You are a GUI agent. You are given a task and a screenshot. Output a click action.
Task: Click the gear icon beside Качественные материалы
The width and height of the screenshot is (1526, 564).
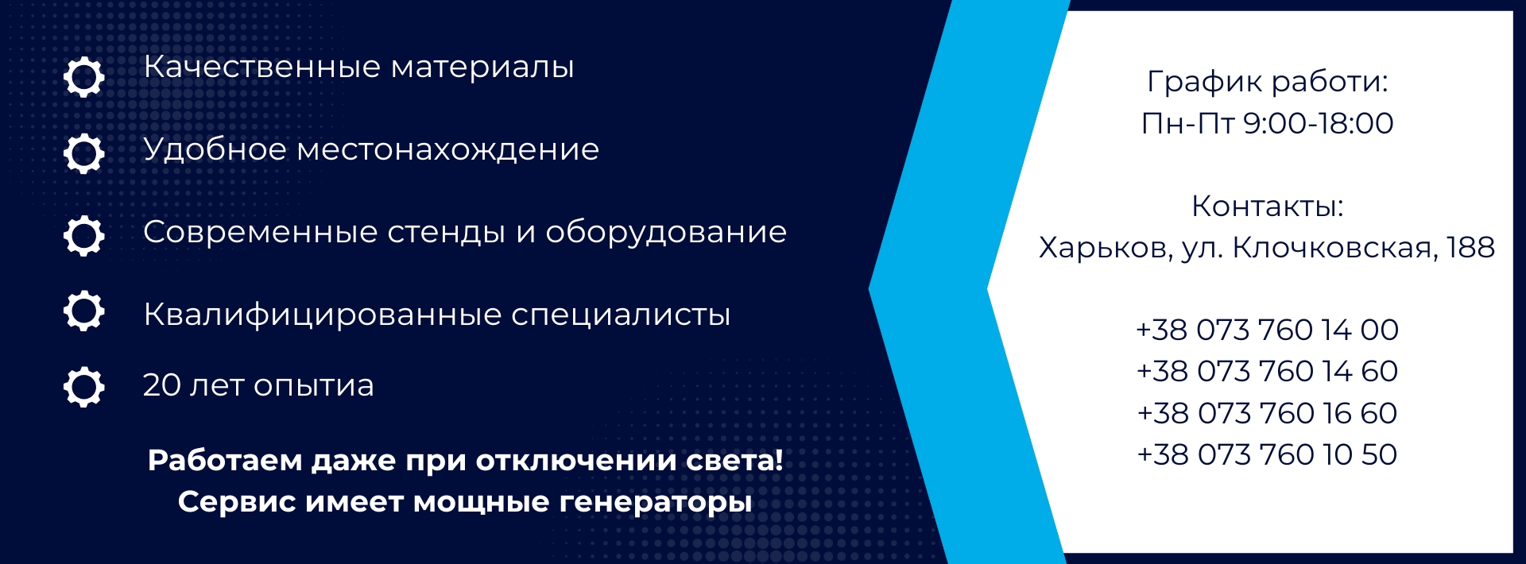coord(84,77)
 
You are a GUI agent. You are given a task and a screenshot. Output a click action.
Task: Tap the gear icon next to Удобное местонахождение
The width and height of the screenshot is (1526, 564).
coord(84,153)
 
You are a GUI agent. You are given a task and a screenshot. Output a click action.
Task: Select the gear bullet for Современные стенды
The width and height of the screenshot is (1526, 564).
coord(84,235)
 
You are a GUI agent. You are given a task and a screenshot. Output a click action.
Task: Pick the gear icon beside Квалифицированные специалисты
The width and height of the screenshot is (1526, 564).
coord(84,311)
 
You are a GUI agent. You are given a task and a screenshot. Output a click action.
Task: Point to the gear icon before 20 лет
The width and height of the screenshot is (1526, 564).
coord(84,387)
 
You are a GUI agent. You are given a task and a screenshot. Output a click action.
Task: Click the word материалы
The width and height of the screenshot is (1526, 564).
coord(482,68)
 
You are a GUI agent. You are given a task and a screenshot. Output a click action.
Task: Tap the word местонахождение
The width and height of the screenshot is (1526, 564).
coord(448,150)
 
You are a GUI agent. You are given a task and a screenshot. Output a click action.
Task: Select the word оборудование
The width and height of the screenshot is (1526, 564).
coord(666,234)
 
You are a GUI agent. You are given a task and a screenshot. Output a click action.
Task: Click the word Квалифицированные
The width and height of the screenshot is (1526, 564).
coord(323,315)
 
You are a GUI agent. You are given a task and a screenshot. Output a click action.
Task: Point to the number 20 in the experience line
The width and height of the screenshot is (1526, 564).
coord(162,385)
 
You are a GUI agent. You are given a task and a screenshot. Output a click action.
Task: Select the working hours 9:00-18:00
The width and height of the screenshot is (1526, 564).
coord(1318,124)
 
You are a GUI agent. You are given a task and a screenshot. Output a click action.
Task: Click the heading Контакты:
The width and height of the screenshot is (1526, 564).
coord(1268,207)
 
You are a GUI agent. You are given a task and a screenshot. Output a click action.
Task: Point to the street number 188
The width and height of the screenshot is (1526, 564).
coord(1470,248)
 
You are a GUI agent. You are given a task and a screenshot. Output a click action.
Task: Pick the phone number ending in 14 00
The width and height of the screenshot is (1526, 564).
coord(1268,330)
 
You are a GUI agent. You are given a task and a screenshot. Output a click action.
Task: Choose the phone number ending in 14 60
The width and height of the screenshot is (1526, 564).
coord(1268,372)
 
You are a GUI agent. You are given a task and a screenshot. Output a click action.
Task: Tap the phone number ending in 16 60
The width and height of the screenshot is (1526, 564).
coord(1268,414)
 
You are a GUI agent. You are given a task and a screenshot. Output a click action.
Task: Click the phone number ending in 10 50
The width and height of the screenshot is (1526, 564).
coord(1268,455)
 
